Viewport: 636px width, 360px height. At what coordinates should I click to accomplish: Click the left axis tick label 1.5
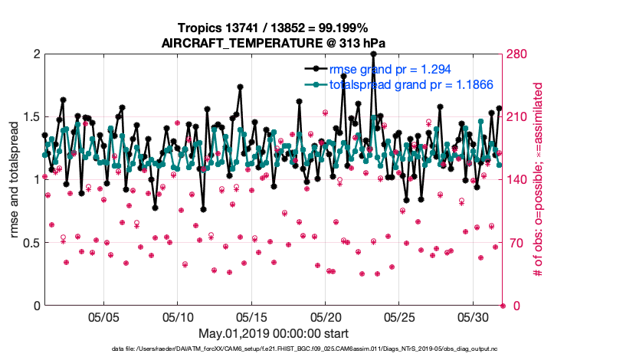pos(28,117)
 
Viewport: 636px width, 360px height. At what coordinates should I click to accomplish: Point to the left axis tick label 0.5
pos(28,243)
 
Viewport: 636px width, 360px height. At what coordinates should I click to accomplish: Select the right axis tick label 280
pos(516,54)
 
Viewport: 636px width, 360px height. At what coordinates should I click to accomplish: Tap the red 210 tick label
pos(516,117)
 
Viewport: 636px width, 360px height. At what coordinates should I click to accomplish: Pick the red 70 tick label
pos(513,243)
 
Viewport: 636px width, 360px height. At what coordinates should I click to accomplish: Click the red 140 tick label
pos(516,180)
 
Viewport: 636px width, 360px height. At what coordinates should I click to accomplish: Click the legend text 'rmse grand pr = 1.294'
pos(388,69)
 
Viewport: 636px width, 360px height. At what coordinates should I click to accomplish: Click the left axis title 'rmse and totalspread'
pos(15,179)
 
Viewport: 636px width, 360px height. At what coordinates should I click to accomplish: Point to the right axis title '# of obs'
pos(538,179)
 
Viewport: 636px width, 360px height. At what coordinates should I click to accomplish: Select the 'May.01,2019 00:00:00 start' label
pos(273,334)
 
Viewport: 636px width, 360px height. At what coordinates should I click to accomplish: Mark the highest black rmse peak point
pos(373,54)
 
